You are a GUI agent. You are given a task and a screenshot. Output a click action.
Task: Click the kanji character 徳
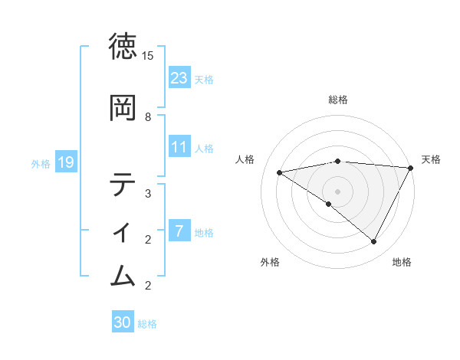[123, 47]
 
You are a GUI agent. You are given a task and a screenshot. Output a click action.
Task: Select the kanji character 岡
[123, 108]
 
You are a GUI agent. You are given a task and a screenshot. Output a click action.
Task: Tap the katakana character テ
[123, 185]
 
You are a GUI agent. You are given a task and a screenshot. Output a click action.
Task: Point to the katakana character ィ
[123, 230]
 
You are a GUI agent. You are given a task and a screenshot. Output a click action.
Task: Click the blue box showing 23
[179, 77]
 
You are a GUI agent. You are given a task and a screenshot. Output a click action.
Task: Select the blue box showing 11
[179, 147]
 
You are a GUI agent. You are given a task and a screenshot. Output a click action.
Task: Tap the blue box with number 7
[179, 231]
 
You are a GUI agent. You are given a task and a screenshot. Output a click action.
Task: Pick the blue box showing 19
[65, 162]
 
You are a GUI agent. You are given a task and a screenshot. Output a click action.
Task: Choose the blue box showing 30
[123, 322]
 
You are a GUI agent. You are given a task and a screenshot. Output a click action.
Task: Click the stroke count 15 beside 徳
[148, 56]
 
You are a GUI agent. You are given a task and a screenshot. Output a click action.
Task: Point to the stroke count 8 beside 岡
[148, 116]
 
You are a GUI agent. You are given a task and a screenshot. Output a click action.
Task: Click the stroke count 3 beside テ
[148, 193]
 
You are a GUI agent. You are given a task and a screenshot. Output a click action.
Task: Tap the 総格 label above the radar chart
[338, 100]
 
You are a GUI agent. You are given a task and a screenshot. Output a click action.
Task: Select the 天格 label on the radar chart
[431, 159]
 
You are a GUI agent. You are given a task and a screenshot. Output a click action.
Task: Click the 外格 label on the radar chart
[270, 262]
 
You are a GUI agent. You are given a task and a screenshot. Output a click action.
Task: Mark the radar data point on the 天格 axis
[411, 167]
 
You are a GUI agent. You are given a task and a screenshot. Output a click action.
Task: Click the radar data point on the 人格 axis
[280, 172]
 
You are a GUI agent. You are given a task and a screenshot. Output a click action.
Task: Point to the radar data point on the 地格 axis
[374, 242]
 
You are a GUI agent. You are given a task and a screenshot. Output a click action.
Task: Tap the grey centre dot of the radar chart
[338, 191]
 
